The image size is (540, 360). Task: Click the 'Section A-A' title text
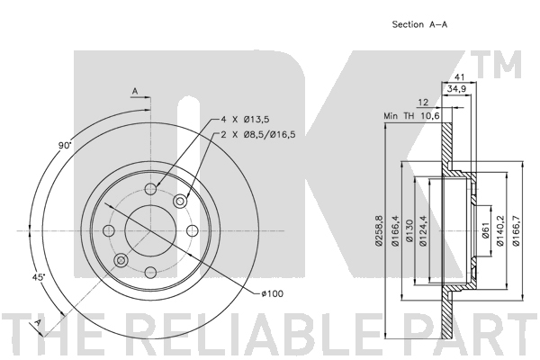pyautogui.click(x=419, y=24)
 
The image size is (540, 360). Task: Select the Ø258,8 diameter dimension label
pyautogui.click(x=379, y=230)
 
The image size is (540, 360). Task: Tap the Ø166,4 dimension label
pyautogui.click(x=395, y=230)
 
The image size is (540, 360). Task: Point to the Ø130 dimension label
pyautogui.click(x=409, y=230)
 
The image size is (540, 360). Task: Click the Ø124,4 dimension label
pyautogui.click(x=423, y=230)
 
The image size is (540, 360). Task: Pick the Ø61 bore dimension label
pyautogui.click(x=485, y=230)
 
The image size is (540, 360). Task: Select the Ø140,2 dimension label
pyautogui.click(x=500, y=230)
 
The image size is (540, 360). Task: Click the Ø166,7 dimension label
pyautogui.click(x=517, y=230)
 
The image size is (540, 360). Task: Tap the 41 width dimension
pyautogui.click(x=459, y=76)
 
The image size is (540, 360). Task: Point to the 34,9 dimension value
pyautogui.click(x=456, y=89)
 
